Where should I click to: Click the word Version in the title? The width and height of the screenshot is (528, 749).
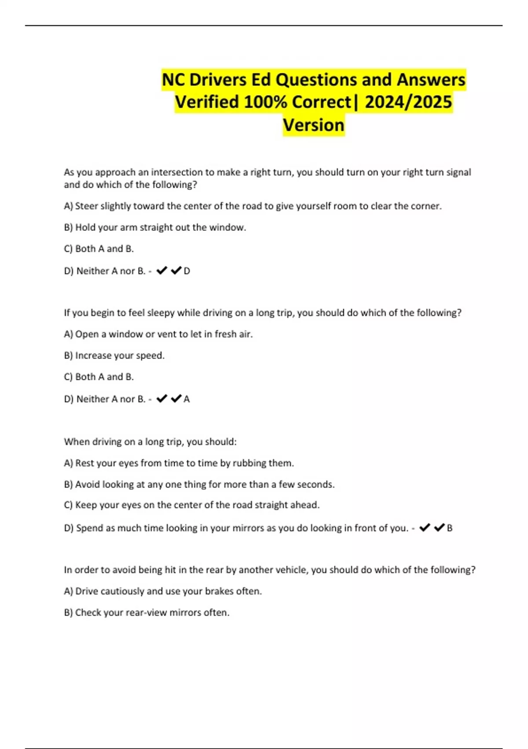click(x=313, y=125)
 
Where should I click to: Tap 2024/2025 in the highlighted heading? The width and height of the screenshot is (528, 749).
click(x=408, y=102)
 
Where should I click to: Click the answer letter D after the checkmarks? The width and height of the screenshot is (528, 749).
click(x=187, y=271)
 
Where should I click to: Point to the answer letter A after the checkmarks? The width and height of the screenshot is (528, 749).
click(x=187, y=399)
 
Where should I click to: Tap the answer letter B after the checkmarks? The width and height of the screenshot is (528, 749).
click(x=450, y=528)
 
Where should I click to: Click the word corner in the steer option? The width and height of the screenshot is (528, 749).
click(x=426, y=206)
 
